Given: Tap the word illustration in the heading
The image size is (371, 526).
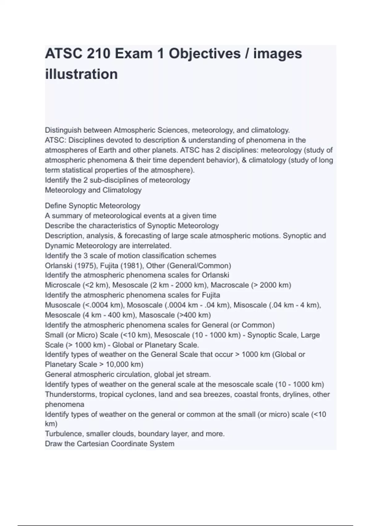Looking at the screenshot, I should [x=81, y=74].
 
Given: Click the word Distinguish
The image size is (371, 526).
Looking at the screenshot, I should [x=63, y=130].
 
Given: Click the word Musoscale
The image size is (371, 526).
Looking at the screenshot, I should [x=63, y=305].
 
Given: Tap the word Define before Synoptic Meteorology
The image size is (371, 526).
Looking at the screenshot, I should [x=56, y=206].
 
